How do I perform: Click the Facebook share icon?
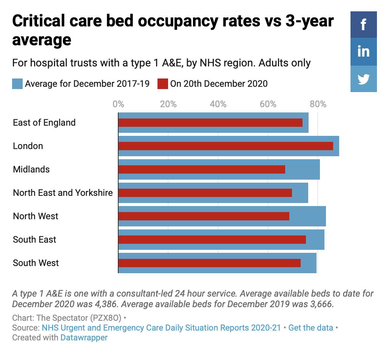(363, 25)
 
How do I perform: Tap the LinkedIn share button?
(363, 52)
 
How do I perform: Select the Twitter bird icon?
(363, 79)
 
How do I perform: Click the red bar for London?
(225, 146)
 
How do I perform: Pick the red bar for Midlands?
(202, 169)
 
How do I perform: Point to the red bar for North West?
(204, 216)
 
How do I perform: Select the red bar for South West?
(209, 263)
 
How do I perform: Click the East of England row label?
(44, 123)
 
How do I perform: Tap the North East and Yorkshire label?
(63, 193)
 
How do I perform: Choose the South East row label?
(34, 240)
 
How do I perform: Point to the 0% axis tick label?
(118, 104)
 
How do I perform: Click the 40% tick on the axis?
(218, 104)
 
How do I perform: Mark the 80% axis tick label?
(318, 104)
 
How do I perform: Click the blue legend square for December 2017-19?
(17, 84)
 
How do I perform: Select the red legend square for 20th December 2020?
(163, 84)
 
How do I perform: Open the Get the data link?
(310, 328)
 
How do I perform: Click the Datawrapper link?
(84, 337)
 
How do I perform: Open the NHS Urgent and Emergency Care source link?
(161, 328)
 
